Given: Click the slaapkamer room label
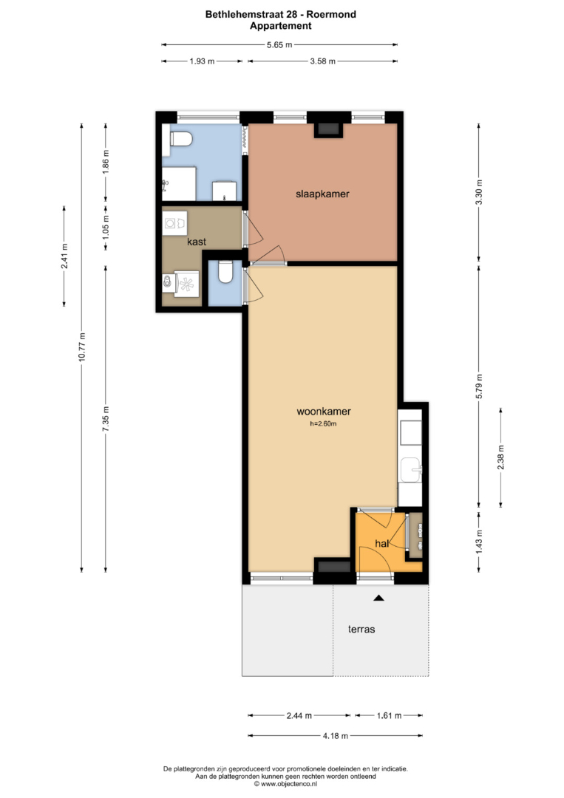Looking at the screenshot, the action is pos(322,194).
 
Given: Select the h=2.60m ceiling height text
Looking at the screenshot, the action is pos(323,423).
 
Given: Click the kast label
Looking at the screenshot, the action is pos(197,242).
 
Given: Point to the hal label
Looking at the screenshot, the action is pos(381,544).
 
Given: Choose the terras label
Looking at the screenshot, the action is pos(361,629).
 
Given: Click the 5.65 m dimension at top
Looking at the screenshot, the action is pos(279,45).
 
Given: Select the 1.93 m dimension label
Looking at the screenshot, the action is pos(202,61).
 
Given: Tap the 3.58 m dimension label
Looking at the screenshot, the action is pos(323,61).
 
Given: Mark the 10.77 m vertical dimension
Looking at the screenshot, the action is pos(81,347).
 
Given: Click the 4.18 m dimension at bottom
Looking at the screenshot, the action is pos(336,735).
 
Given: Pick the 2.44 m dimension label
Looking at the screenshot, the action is pos(299,715).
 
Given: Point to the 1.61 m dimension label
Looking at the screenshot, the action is pos(389,715).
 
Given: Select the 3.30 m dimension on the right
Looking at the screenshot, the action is pos(478,192).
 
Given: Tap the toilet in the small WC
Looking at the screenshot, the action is pos(225,272).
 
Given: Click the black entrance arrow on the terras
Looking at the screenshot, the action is pos(378,598).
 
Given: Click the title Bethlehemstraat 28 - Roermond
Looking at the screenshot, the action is pos(280,14).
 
